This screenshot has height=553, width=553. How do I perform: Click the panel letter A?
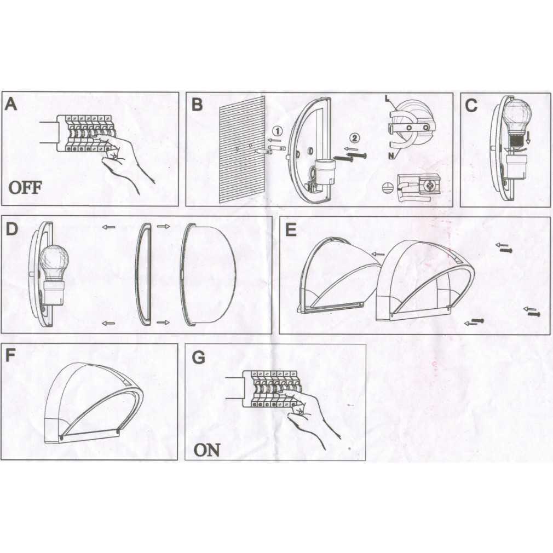[x=10, y=105]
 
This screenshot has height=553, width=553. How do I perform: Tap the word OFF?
[x=25, y=188]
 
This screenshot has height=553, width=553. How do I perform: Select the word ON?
[x=207, y=450]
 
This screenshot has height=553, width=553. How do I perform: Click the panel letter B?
[x=197, y=105]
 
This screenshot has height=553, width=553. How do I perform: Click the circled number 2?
[x=355, y=138]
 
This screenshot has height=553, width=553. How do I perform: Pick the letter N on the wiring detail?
[x=391, y=155]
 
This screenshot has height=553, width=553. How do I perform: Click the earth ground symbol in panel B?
[x=387, y=188]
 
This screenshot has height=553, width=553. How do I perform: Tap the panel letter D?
[x=12, y=229]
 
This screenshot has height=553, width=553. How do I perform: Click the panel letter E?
[x=291, y=231]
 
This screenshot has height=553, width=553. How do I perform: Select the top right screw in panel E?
[x=506, y=251]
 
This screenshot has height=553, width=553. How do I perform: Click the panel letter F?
[x=10, y=355]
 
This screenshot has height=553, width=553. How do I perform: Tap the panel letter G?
[x=198, y=358]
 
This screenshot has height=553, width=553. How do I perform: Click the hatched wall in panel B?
[x=243, y=150]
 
